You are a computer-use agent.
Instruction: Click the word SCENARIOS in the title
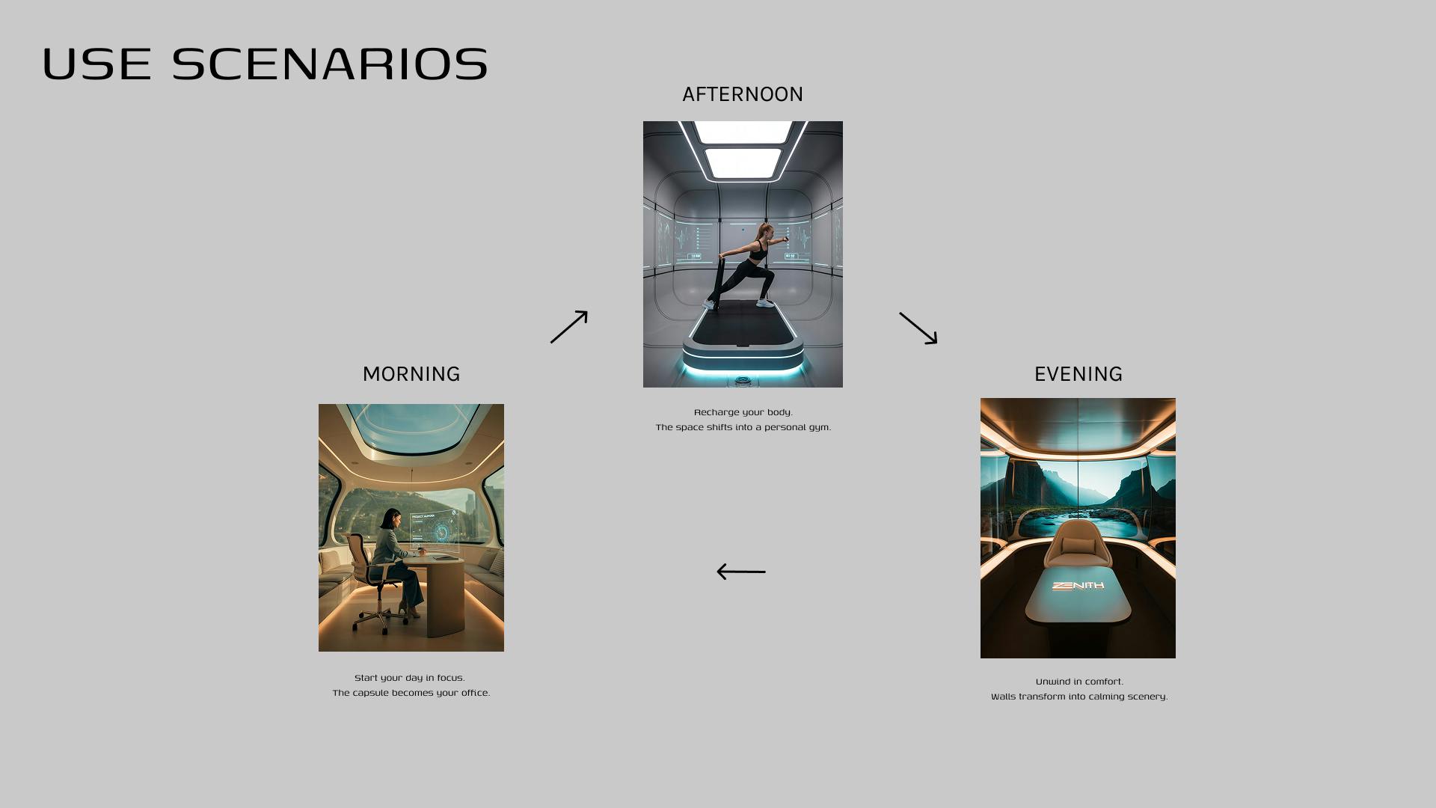[330, 64]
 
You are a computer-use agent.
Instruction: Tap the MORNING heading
[411, 374]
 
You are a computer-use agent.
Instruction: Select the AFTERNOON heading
[743, 94]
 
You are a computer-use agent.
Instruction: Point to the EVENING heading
[1078, 374]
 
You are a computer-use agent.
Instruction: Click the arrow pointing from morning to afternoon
[569, 327]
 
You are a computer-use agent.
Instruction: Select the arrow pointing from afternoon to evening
[918, 328]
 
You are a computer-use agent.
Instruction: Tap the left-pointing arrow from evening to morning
[741, 572]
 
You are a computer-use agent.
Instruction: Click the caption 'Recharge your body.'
[743, 412]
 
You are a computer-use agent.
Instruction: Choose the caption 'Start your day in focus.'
[410, 678]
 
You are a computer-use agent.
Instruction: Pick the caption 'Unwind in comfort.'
[1079, 682]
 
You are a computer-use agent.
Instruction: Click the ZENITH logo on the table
[1078, 586]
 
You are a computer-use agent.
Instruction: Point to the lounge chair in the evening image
[1078, 552]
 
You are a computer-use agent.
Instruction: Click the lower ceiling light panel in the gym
[743, 163]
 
